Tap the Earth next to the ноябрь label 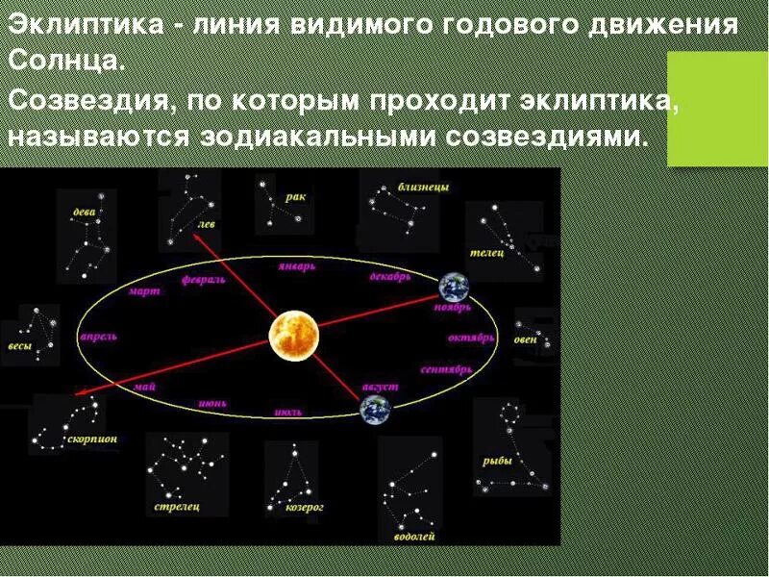pos(453,287)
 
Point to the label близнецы pos(423,187)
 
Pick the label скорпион pos(93,439)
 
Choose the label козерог pos(306,507)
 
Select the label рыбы pos(497,461)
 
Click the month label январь pos(297,266)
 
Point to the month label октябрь pos(471,339)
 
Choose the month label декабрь pos(390,276)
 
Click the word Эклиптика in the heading pos(84,25)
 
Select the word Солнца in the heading pos(65,62)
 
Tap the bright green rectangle pos(717,109)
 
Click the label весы pos(19,346)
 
